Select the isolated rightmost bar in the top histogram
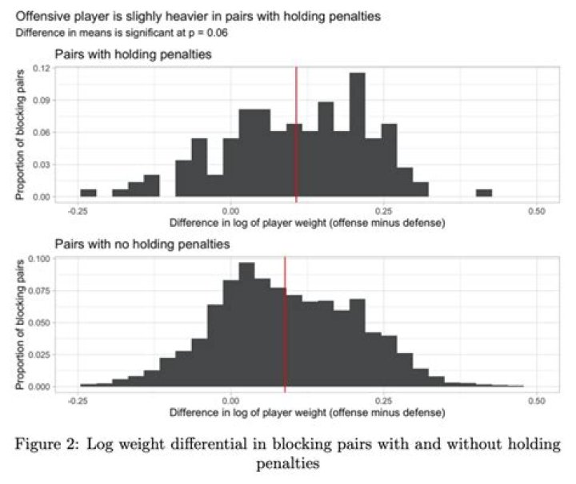point(483,192)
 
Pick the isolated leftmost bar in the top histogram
point(88,192)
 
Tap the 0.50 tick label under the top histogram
point(537,210)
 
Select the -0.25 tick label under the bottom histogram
point(78,400)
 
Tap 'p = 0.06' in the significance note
point(217,33)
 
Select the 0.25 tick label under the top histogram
point(383,210)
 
